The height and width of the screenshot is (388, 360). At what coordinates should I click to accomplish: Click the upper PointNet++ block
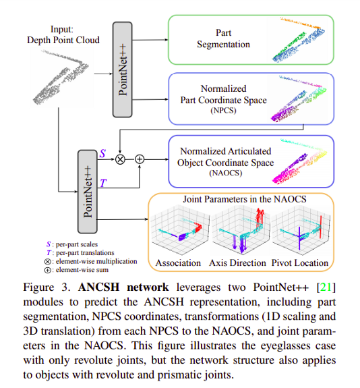point(123,70)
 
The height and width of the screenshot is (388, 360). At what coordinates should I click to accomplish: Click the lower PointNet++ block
point(88,192)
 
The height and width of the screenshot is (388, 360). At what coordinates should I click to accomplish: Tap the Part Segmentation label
point(223,38)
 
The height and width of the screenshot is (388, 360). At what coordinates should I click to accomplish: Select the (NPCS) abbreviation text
point(223,110)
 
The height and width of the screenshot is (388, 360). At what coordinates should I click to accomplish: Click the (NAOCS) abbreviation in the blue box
point(225,173)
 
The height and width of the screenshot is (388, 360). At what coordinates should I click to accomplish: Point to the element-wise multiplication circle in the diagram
point(120,159)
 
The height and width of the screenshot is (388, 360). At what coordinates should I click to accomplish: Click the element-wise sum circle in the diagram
point(140,159)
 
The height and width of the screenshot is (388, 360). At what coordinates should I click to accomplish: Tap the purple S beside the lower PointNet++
point(102,153)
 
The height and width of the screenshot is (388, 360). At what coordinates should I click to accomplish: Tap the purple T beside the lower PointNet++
point(103,183)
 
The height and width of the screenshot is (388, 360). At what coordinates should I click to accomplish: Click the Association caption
point(178,262)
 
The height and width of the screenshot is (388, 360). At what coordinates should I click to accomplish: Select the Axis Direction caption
point(237,262)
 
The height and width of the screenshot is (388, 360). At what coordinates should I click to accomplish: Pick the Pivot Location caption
point(300,262)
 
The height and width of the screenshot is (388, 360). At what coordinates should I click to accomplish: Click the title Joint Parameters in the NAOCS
point(245,199)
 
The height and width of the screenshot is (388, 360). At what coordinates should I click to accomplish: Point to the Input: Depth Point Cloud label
point(63,34)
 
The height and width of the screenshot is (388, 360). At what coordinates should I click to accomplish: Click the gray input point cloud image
point(61,77)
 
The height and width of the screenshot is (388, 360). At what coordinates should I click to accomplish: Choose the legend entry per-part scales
point(72,244)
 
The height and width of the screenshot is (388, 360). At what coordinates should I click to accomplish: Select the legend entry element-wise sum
point(76,270)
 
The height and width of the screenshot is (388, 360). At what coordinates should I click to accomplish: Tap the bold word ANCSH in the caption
point(98,287)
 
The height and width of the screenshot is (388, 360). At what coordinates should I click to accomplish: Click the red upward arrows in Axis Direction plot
point(260,217)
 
